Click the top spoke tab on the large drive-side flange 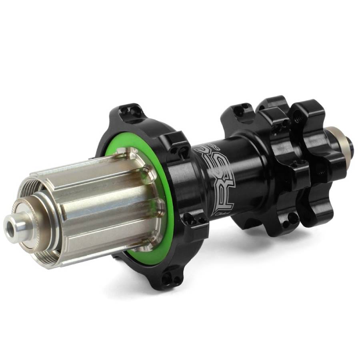pyautogui.click(x=130, y=112)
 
